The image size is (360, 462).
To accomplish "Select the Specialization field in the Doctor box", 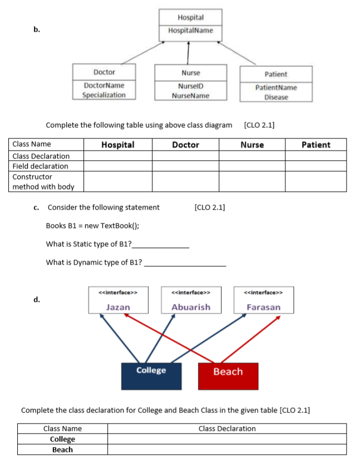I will pos(104,95).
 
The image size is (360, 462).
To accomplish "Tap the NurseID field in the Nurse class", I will pos(190,86).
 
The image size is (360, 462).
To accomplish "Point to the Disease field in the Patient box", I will pos(276,97).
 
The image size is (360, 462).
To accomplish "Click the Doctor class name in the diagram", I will pos(104,72).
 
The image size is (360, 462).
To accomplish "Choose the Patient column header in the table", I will pos(315,145).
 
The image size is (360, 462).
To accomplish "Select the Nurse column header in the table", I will pos(252,145).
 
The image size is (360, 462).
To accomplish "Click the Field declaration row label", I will pos(40,166).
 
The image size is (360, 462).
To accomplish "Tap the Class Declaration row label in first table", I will pos(41,156).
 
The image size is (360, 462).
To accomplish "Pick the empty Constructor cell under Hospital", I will pos(118,181).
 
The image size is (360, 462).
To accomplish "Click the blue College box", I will pos(152,375).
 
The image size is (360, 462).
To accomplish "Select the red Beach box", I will pos(228,376).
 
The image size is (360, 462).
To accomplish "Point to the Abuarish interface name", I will pos(191,307).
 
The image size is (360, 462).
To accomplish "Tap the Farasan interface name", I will pos(263,307).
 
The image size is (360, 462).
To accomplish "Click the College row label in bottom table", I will pos(62,439).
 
